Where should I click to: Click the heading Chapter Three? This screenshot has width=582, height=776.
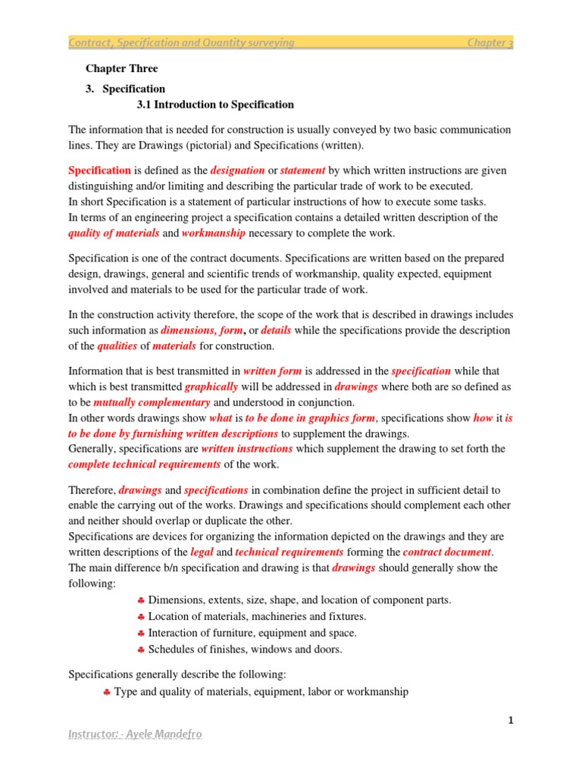point(113,68)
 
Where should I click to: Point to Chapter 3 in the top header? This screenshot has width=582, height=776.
point(490,43)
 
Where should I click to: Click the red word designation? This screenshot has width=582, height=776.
point(237,171)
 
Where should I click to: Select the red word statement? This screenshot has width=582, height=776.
point(303,171)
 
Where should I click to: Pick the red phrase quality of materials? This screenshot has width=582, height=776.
point(114,233)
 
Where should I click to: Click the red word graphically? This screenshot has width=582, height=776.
point(211,386)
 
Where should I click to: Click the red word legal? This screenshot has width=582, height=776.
point(202,552)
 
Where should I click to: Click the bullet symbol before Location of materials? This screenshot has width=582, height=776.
point(141,617)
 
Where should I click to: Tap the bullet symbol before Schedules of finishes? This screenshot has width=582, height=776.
point(141,649)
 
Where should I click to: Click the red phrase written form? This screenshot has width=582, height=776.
point(272,371)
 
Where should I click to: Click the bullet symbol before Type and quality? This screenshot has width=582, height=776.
point(107,692)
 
